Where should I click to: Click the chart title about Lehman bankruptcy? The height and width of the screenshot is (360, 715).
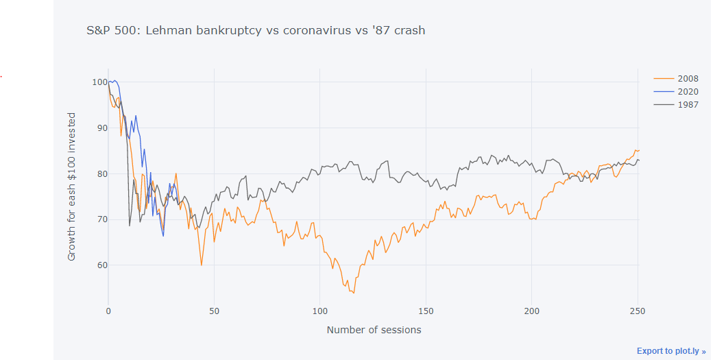256,30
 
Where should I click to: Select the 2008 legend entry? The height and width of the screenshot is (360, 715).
688,78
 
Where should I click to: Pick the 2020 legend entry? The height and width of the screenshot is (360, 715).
688,91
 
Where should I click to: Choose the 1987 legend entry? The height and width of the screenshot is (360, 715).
688,105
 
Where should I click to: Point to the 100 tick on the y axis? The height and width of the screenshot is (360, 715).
98,82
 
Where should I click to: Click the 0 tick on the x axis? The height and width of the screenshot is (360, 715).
108,311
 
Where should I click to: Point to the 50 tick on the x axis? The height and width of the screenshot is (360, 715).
214,311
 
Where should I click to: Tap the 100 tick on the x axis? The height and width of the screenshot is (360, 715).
320,311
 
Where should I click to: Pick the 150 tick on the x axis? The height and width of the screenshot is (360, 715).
426,311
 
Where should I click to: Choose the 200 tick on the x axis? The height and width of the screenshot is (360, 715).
532,311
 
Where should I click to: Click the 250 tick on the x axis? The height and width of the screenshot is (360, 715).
638,311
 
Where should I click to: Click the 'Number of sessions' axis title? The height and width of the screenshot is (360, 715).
374,330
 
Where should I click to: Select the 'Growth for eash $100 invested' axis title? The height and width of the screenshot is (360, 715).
72,187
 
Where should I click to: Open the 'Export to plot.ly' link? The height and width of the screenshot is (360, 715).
671,351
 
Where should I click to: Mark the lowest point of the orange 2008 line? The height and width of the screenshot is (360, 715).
354,293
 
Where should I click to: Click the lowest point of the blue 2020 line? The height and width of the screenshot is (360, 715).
163,237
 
